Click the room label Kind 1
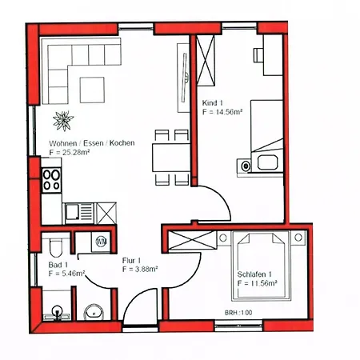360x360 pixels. [x=212, y=102]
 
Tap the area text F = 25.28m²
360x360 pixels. [x=69, y=153]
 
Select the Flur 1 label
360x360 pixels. [x=131, y=260]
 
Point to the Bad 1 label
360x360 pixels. [x=58, y=265]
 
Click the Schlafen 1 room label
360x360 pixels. [x=254, y=274]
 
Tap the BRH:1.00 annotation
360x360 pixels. [x=238, y=313]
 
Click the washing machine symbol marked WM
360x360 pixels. [x=101, y=242]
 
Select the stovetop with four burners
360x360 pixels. [x=52, y=179]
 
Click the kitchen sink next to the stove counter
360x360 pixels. [x=79, y=213]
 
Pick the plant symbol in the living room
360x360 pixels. [x=63, y=121]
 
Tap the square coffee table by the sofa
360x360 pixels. [x=92, y=90]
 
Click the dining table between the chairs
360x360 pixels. [x=171, y=158]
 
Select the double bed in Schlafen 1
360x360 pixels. [x=261, y=266]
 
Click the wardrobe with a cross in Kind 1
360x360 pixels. [x=206, y=61]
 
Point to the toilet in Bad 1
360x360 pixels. [x=56, y=247]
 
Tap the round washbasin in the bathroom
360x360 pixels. [x=94, y=311]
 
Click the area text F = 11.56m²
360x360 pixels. [x=257, y=283]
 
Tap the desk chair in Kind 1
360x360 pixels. [x=258, y=55]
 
